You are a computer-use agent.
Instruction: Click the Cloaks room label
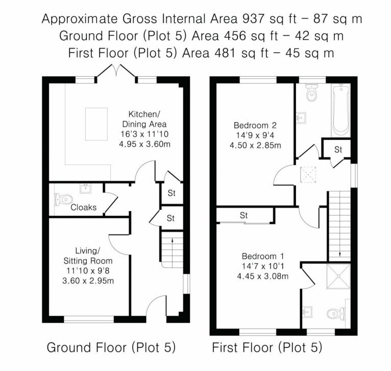tap(83, 207)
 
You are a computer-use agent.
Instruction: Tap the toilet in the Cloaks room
tap(63, 199)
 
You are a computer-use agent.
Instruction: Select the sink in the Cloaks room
tap(86, 189)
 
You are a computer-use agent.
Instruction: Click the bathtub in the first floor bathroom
tap(340, 110)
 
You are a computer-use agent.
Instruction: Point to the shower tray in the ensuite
tap(338, 276)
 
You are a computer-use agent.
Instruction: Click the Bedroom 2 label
tap(255, 125)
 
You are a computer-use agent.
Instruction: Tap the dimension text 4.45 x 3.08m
tap(262, 276)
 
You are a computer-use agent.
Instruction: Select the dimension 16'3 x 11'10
tap(144, 134)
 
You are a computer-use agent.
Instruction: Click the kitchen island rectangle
tap(96, 124)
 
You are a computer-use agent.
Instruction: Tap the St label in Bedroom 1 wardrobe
tap(243, 215)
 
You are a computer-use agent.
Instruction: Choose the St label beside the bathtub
tap(338, 149)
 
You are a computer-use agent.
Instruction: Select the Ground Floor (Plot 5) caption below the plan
tap(111, 347)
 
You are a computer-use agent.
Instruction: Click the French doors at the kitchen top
tap(116, 71)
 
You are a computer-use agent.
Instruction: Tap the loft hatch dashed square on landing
tap(308, 175)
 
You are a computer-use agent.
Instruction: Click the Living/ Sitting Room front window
tap(89, 319)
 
